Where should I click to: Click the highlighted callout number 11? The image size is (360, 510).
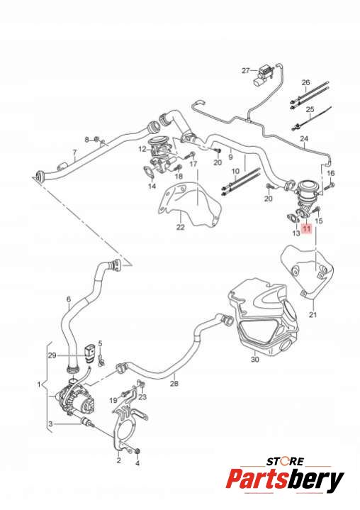click(307, 229)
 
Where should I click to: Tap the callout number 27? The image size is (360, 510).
click(246, 71)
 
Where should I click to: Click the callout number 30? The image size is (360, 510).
click(255, 360)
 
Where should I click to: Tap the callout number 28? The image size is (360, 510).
click(174, 384)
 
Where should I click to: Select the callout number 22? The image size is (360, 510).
click(180, 227)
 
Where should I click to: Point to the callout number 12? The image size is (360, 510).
click(142, 149)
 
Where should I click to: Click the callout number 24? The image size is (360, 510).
click(304, 139)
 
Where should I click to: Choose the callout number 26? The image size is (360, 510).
click(305, 82)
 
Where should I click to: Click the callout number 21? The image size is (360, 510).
click(313, 314)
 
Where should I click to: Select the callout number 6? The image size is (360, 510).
click(69, 299)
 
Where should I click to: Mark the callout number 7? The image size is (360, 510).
click(74, 153)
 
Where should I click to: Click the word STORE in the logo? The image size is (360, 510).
click(286, 461)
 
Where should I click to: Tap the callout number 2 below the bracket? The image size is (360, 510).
click(118, 460)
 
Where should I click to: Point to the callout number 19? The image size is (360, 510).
click(113, 400)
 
